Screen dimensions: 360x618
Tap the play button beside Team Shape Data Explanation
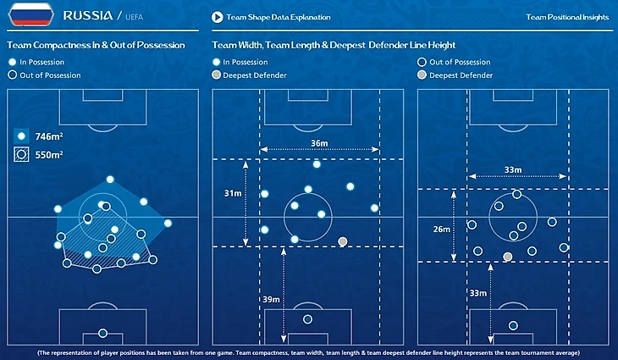coord(218,17)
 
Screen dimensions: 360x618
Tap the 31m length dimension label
coord(232,194)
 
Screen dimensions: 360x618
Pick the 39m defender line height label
coord(271,300)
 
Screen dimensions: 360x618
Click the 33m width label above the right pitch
coord(513,170)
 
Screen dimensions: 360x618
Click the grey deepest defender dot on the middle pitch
coord(342,241)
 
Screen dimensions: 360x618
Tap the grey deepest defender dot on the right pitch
coord(507,256)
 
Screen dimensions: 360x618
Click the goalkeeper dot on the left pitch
coord(102,333)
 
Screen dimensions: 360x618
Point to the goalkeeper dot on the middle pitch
coord(307,319)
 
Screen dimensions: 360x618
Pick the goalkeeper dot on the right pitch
coord(514,324)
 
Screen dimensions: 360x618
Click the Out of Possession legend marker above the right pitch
coord(422,62)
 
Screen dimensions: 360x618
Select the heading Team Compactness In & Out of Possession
coord(96,45)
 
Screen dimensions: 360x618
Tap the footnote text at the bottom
coord(309,352)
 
